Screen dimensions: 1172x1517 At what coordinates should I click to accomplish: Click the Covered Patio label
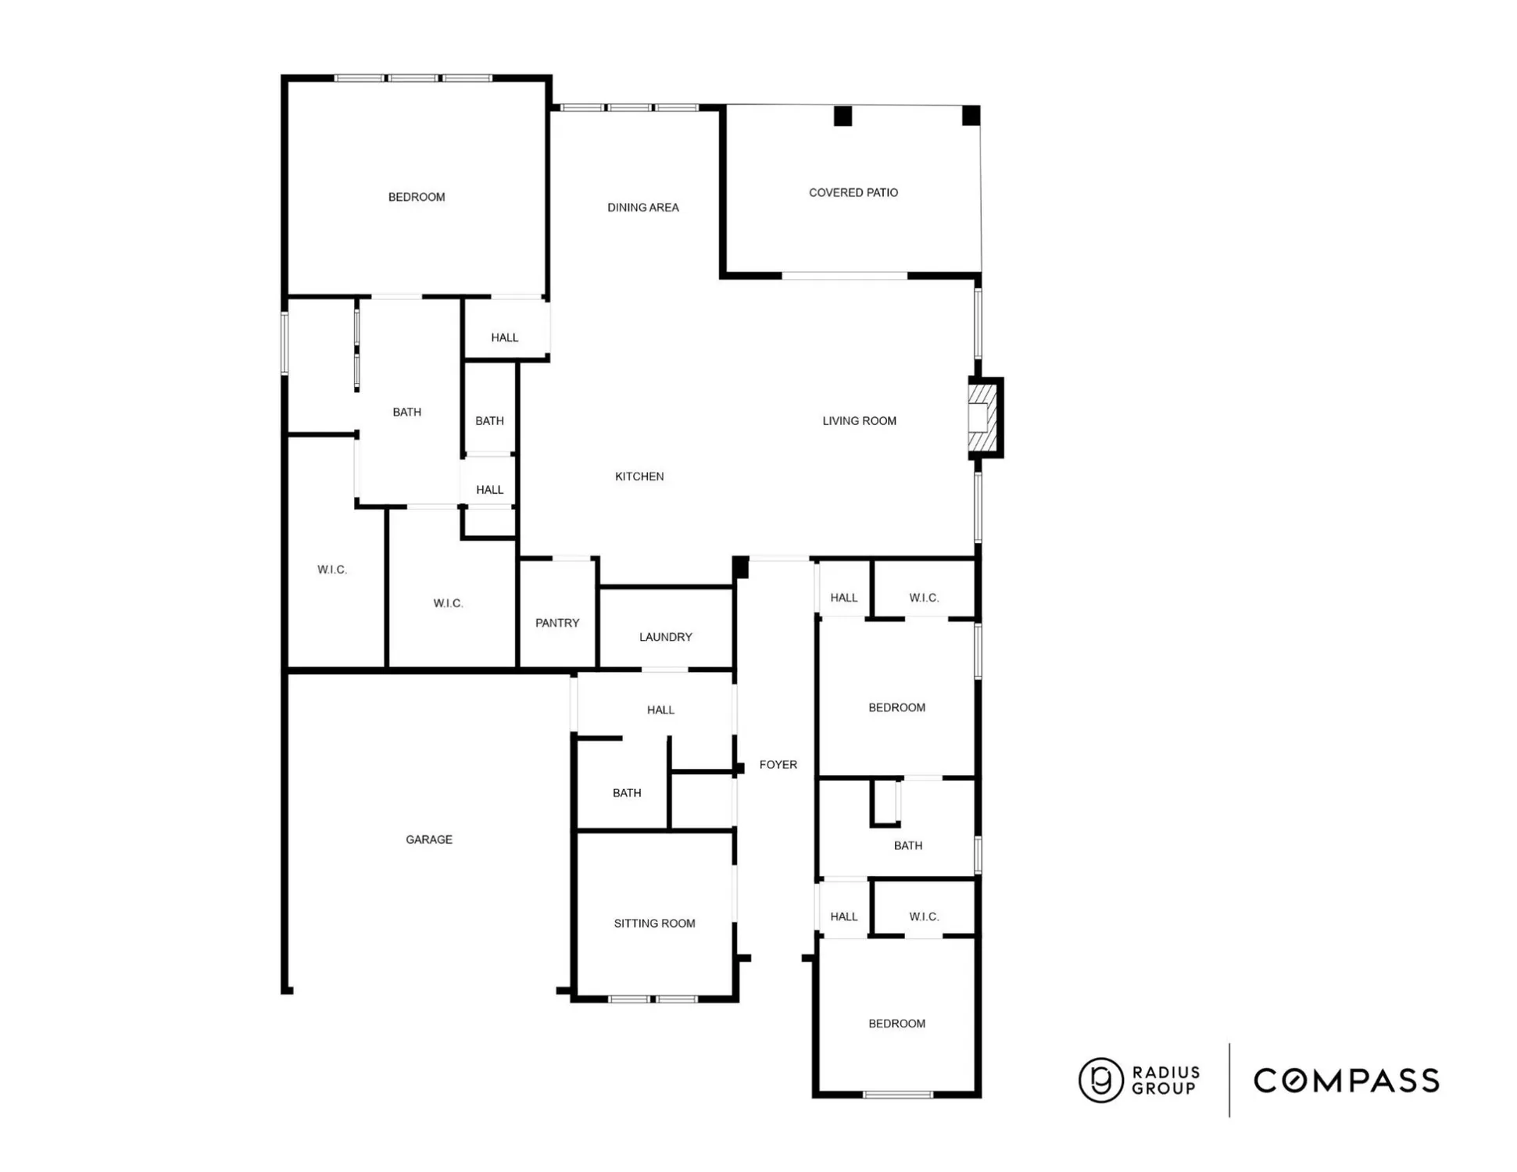coord(853,192)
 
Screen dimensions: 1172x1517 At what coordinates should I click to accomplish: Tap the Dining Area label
coord(642,207)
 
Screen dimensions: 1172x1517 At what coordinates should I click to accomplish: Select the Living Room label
coord(859,420)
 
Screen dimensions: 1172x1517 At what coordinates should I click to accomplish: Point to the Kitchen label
coord(639,476)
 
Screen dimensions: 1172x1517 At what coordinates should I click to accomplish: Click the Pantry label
coord(556,623)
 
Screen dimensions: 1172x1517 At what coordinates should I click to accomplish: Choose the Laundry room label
coord(665,637)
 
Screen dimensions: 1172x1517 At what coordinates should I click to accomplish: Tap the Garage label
coord(428,839)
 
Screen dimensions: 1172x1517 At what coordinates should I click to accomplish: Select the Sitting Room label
coord(654,923)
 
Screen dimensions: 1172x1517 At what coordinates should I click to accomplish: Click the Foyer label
coord(778,764)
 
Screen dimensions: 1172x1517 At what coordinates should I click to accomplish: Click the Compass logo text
coord(1346,1081)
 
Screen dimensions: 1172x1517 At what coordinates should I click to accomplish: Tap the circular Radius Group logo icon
coord(1100,1080)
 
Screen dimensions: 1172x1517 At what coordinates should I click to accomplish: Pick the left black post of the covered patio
coord(843,116)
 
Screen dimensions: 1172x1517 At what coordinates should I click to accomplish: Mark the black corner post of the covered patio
coord(971,116)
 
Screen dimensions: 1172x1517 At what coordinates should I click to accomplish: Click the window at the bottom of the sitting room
coord(653,999)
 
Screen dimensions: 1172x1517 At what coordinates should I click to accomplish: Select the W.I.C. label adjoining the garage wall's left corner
coord(331,570)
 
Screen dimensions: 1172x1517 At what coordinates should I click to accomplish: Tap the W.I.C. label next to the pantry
coord(448,603)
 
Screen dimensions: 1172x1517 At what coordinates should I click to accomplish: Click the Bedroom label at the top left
coord(416,197)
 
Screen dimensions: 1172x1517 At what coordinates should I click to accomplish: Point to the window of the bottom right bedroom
coord(897,1094)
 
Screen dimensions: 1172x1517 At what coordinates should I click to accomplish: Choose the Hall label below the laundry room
coord(660,709)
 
